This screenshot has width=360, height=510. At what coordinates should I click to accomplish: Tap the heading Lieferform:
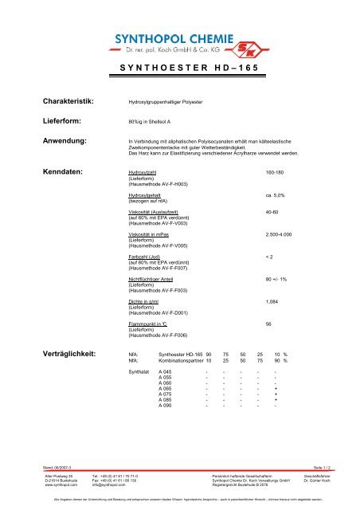pos(59,122)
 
